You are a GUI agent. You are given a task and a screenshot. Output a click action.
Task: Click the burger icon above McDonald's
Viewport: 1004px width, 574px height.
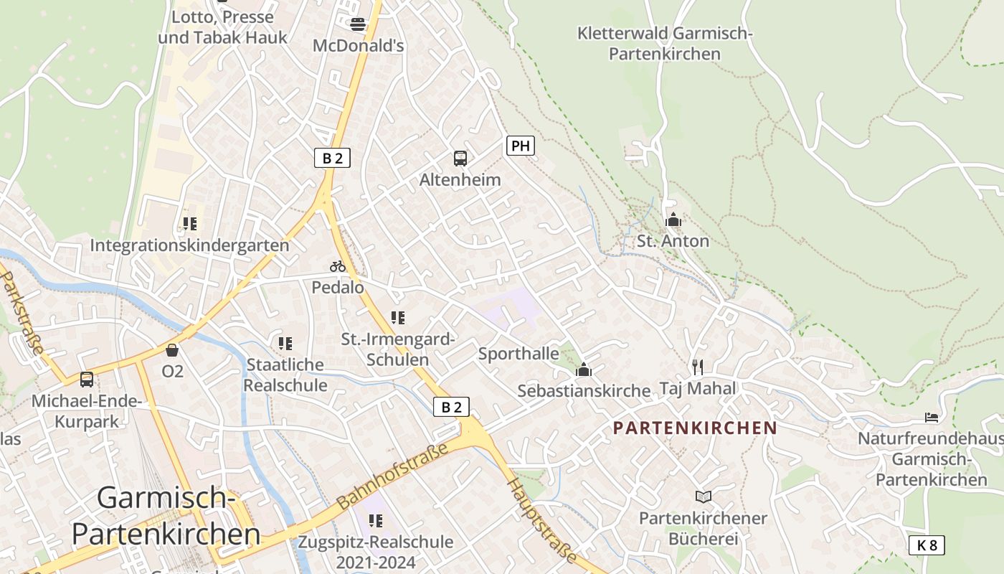[x=358, y=24]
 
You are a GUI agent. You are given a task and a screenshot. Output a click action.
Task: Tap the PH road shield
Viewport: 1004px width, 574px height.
[x=521, y=146]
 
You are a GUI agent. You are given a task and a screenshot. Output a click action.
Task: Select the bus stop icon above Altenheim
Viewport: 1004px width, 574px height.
[x=460, y=158]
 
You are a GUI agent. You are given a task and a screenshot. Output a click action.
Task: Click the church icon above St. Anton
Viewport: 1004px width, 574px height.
[x=673, y=220]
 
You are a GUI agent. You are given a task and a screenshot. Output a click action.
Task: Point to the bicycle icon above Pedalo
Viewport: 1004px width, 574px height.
[x=338, y=266]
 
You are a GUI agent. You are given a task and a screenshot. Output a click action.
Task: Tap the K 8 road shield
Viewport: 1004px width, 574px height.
[x=927, y=545]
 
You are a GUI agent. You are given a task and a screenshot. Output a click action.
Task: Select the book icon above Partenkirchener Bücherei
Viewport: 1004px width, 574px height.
[x=704, y=497]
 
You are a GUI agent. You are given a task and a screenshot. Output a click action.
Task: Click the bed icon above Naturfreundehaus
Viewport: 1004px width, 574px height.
[x=932, y=417]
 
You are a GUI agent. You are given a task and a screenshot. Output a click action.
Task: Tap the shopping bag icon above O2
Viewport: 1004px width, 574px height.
[x=172, y=350]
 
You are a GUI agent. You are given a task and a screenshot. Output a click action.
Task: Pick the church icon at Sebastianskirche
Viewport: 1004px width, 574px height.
[x=584, y=370]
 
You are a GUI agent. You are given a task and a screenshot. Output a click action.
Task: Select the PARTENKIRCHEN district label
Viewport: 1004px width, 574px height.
[x=695, y=428]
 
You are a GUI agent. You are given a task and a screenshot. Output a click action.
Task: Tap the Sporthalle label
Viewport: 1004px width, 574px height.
[x=518, y=354]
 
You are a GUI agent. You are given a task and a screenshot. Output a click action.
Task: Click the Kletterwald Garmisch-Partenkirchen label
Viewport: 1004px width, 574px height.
[x=665, y=43]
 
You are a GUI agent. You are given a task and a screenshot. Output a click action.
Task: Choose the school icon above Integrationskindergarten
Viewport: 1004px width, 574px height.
[x=189, y=224]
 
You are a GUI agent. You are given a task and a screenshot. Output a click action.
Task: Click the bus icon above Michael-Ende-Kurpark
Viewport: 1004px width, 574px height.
[x=87, y=379]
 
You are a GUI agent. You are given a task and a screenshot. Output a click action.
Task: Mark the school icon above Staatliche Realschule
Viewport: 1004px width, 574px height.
[x=285, y=344]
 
